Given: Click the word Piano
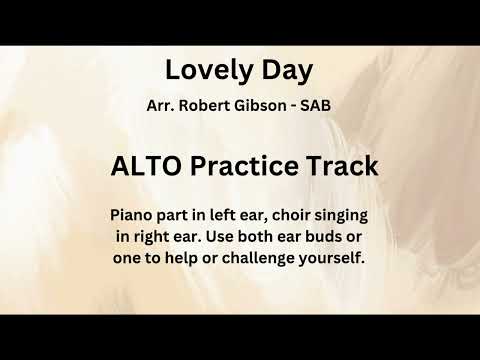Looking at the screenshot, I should click(132, 215).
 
